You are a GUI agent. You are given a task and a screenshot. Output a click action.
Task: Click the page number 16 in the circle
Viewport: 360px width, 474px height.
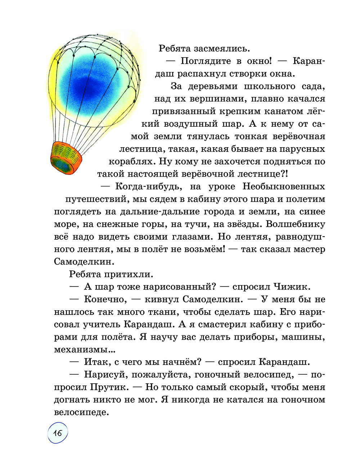(58, 433)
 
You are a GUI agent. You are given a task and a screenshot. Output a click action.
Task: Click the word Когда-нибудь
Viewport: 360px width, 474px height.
(148, 186)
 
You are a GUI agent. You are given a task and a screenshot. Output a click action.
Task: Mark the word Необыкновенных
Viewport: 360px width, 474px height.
(284, 186)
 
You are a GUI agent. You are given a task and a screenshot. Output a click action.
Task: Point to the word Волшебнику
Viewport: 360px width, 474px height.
(295, 224)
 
